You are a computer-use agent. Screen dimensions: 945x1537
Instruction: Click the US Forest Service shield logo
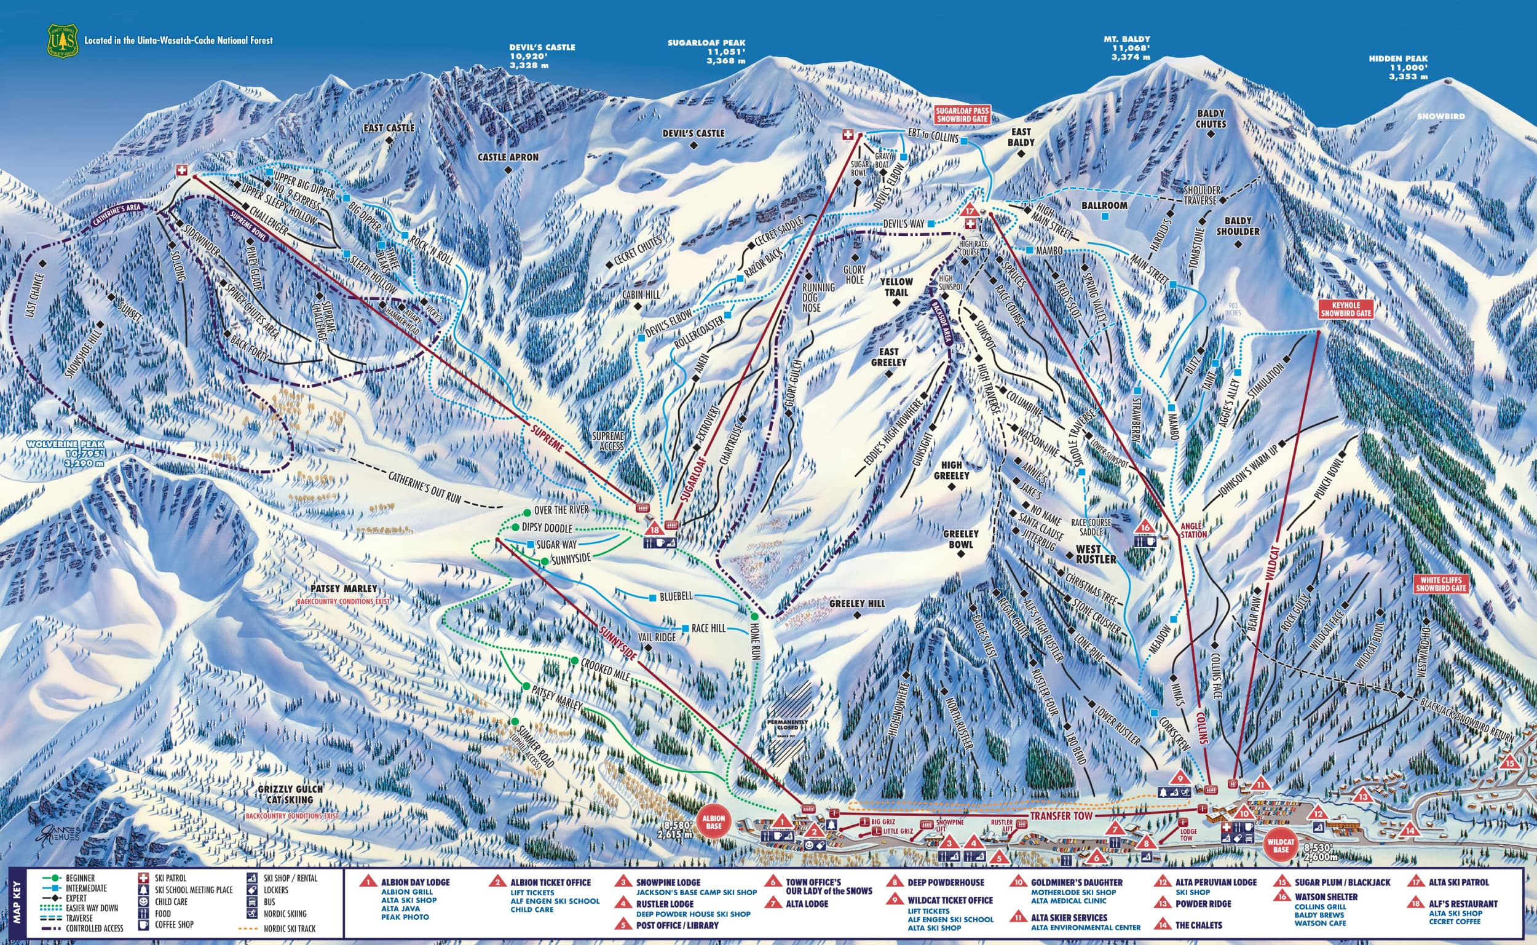[x=63, y=41]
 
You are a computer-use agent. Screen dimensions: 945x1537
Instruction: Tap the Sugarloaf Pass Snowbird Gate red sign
[x=962, y=114]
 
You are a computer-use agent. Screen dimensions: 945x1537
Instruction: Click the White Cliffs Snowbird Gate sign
[x=1440, y=584]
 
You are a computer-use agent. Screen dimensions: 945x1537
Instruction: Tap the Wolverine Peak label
[x=65, y=454]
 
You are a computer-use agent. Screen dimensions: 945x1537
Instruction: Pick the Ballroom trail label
[x=1104, y=205]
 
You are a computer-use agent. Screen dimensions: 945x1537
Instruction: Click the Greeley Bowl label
[x=960, y=539]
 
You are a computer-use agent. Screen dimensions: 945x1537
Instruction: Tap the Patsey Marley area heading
[x=344, y=589]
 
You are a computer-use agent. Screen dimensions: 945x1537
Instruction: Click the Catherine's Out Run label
[x=424, y=487]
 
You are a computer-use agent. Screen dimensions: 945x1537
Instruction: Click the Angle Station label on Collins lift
[x=1193, y=531]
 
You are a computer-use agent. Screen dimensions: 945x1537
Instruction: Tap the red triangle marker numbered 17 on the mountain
[x=970, y=211]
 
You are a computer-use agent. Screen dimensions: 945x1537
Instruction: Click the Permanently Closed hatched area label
[x=788, y=725]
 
